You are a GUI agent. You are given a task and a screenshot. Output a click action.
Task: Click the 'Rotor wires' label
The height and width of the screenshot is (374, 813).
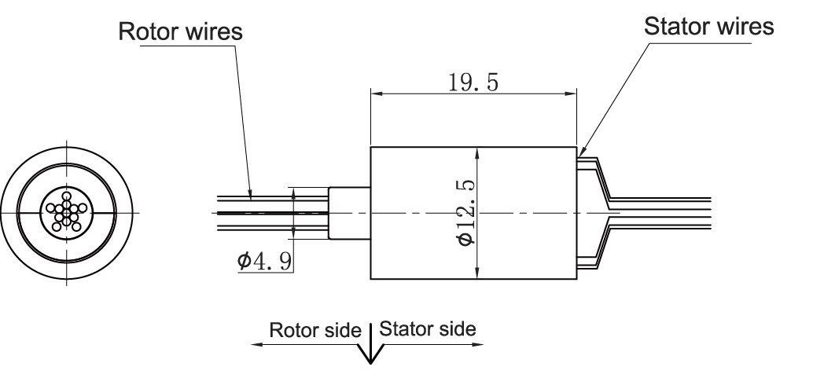tap(180, 32)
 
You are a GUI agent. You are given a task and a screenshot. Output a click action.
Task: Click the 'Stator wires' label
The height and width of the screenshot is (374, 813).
tap(708, 26)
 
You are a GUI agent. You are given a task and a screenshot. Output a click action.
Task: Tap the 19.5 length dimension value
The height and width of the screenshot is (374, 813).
tap(473, 83)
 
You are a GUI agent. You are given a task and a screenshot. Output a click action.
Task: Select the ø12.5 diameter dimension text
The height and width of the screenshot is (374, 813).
tap(467, 212)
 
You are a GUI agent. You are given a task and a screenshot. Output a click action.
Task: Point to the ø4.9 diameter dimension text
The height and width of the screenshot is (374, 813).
tap(266, 259)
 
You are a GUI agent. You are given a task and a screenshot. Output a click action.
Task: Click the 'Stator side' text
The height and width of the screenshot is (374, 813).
tap(428, 328)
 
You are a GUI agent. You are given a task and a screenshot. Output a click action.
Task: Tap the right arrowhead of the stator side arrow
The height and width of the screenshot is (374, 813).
tap(479, 344)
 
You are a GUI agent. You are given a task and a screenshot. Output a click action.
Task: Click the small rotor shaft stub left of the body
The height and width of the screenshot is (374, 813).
tap(349, 212)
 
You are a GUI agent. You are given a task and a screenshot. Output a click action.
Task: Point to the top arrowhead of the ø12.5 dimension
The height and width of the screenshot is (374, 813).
tap(478, 152)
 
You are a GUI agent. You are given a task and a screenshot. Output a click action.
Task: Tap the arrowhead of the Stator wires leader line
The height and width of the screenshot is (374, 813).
tap(581, 149)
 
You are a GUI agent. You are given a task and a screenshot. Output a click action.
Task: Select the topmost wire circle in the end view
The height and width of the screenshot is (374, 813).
tap(67, 196)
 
